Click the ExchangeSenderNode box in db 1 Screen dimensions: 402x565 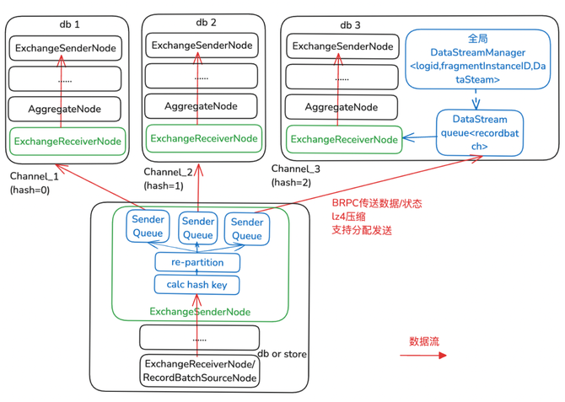click(67, 48)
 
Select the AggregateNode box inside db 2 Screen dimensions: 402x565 click(202, 107)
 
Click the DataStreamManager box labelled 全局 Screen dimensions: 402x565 click(477, 59)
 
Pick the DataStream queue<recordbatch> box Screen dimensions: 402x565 click(479, 133)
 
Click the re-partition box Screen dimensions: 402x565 click(196, 262)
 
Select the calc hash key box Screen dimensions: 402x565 click(196, 285)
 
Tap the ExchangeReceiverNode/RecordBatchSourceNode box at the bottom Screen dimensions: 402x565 click(200, 371)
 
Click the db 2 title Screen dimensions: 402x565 click(206, 22)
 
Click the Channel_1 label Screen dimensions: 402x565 click(34, 176)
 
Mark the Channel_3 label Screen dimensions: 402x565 click(296, 169)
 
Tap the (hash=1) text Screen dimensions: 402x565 click(163, 185)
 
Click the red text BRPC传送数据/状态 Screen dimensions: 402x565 click(377, 203)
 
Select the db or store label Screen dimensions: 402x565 click(281, 353)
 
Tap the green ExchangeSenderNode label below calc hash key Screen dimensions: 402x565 click(200, 312)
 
